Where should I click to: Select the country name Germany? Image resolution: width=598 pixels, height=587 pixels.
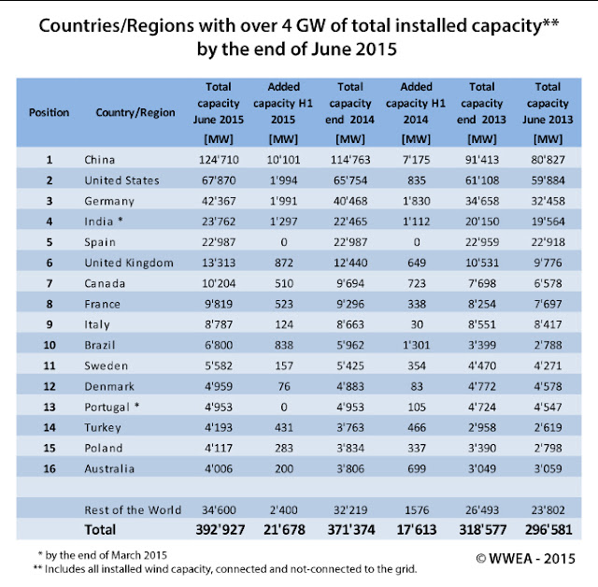pos(109,201)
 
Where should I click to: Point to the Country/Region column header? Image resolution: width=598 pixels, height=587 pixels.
pos(135,112)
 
